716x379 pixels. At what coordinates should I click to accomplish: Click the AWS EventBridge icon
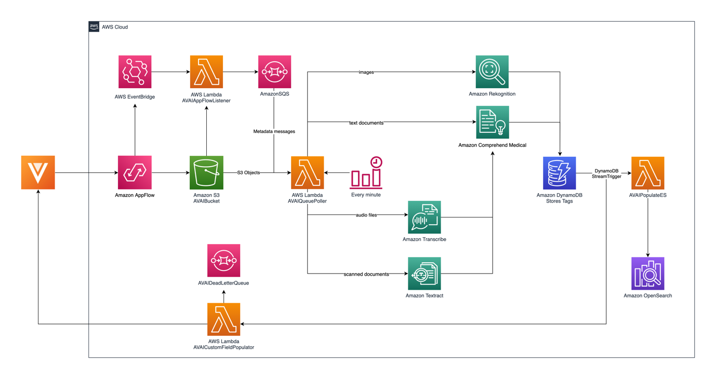135,72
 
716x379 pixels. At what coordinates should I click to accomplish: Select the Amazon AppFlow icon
135,172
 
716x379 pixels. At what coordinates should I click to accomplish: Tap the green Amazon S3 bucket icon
206,172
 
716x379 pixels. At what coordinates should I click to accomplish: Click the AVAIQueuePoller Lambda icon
307,173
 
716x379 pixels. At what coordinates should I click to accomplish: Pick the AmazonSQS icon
274,72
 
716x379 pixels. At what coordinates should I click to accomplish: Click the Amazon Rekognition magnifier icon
492,72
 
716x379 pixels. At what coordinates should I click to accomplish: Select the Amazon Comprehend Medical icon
492,123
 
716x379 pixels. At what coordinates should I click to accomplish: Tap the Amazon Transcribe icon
424,217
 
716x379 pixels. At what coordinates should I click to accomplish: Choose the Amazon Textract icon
424,274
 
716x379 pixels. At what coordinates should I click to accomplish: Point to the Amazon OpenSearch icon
647,274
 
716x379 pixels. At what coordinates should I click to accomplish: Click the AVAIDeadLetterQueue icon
223,261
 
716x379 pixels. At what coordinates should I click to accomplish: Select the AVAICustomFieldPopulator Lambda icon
223,319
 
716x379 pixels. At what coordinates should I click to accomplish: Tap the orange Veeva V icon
38,172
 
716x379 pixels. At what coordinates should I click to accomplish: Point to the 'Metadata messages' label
274,131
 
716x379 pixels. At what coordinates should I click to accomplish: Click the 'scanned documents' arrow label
366,274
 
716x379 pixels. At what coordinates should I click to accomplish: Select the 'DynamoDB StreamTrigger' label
606,173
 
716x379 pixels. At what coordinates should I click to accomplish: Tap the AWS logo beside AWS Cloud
94,27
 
